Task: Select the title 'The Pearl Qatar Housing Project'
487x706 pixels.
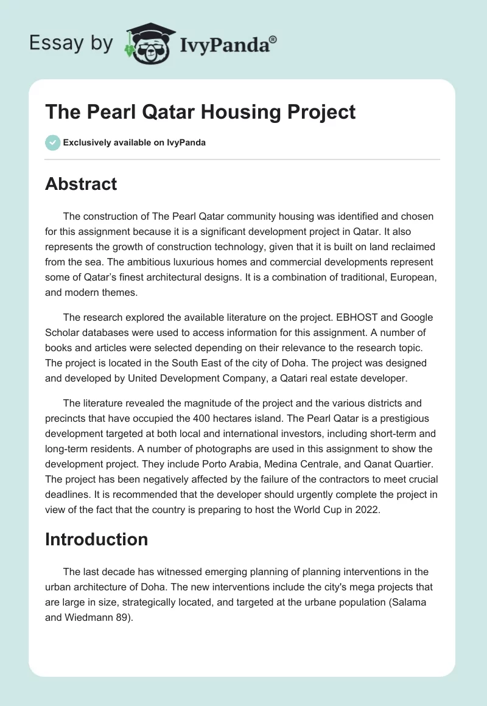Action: coord(200,113)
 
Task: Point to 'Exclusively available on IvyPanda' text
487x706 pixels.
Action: coord(135,143)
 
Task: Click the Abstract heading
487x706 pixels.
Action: coord(81,184)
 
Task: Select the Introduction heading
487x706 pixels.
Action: coord(96,539)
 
